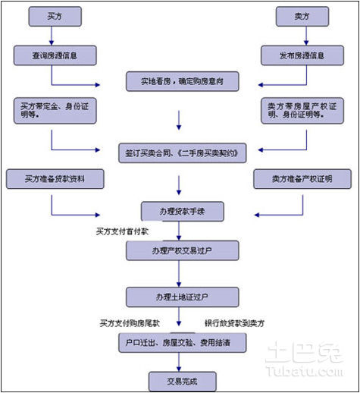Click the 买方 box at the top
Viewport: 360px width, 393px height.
(x=55, y=17)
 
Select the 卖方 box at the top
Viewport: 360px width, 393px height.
(x=302, y=17)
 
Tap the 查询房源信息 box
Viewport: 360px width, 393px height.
(x=55, y=55)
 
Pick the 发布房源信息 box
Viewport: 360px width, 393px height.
(x=302, y=55)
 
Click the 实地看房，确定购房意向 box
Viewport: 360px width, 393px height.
(x=183, y=81)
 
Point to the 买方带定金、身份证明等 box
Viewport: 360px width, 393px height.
(x=55, y=111)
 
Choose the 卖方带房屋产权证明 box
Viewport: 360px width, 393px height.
(x=302, y=111)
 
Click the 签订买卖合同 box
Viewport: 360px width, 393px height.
(x=183, y=153)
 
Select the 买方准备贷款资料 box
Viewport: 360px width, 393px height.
(x=55, y=179)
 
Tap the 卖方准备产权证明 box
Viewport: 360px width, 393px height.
(x=302, y=179)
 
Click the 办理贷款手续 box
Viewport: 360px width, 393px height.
(x=183, y=211)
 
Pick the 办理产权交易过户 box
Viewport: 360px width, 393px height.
(x=183, y=250)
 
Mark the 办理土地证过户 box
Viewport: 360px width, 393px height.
(x=183, y=297)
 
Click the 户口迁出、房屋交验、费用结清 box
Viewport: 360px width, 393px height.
(x=183, y=343)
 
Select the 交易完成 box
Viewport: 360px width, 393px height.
(x=183, y=382)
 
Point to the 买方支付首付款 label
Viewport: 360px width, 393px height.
(x=122, y=231)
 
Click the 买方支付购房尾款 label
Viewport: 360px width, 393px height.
(x=130, y=323)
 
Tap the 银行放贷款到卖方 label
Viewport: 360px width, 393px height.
(x=235, y=323)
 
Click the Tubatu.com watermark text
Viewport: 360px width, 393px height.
(x=305, y=371)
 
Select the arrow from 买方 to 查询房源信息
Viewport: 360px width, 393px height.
(x=52, y=36)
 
